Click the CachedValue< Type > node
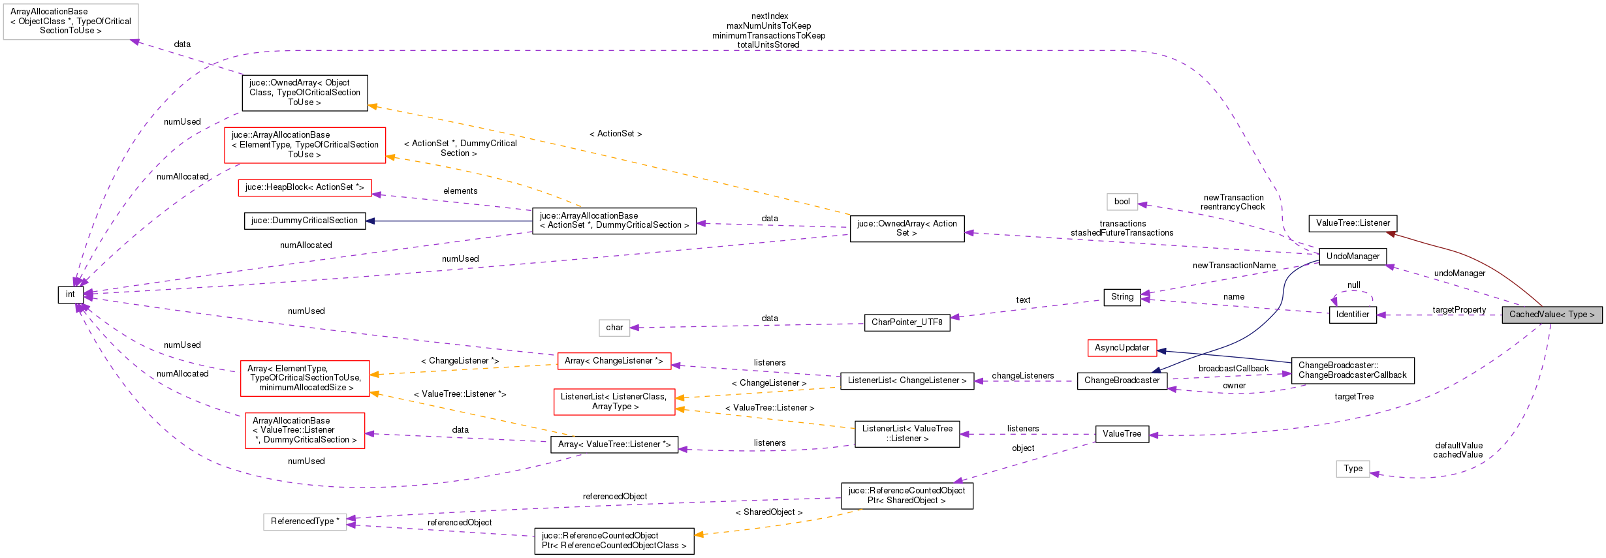(x=1551, y=315)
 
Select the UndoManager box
(x=1353, y=256)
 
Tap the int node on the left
(x=70, y=294)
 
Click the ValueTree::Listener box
(x=1353, y=223)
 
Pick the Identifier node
(x=1352, y=315)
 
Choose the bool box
(x=1122, y=202)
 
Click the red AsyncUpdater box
(x=1122, y=348)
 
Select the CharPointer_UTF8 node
(x=907, y=322)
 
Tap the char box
(x=614, y=328)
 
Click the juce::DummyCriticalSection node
(x=304, y=221)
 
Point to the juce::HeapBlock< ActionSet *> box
(x=304, y=187)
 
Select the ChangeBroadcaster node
(x=1122, y=380)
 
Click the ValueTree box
(x=1122, y=434)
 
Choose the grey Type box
(x=1353, y=469)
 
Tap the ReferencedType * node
(x=305, y=521)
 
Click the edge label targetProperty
(x=1459, y=310)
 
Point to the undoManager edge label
(x=1459, y=273)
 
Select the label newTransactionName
(x=1234, y=266)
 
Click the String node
(x=1122, y=297)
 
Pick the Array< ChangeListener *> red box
(x=614, y=361)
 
